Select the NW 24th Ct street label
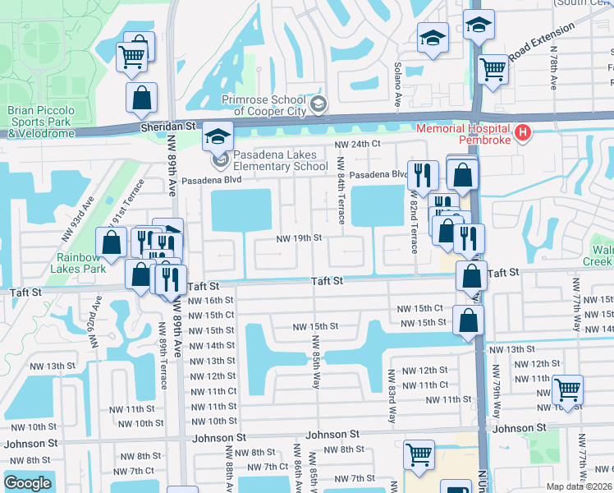358,145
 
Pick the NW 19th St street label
297,237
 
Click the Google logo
27,483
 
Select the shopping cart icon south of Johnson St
419,453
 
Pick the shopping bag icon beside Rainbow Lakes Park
111,242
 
